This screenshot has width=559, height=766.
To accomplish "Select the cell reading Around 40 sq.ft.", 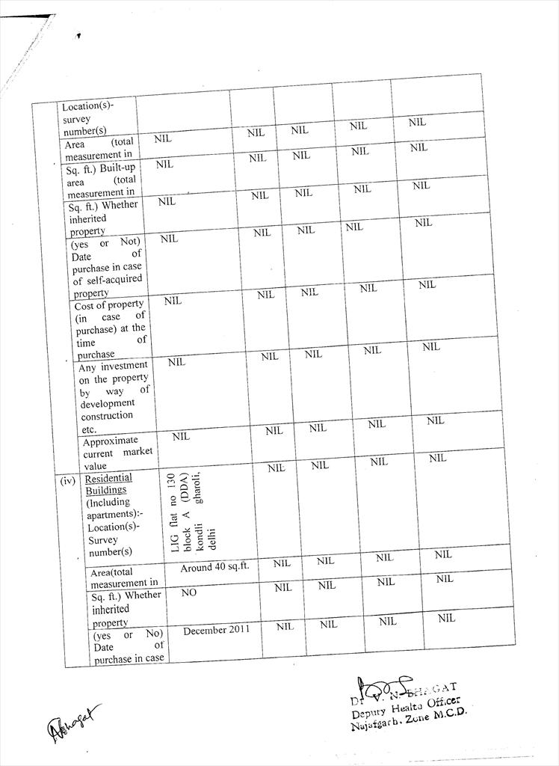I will (214, 567).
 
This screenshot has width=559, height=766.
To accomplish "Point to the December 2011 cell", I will (217, 631).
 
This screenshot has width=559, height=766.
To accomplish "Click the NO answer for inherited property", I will (189, 592).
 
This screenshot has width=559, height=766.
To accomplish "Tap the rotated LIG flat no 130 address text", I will (189, 513).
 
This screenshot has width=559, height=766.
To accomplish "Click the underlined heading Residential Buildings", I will (108, 484).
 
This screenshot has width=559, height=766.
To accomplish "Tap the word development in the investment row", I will (108, 403).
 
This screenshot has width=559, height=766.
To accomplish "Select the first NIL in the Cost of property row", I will (173, 301).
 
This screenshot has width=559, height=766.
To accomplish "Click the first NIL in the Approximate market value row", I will (181, 436).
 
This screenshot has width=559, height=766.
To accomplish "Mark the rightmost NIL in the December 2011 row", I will (446, 618).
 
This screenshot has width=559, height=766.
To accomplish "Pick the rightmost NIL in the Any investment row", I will (431, 346).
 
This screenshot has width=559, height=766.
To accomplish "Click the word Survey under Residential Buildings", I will (102, 539).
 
